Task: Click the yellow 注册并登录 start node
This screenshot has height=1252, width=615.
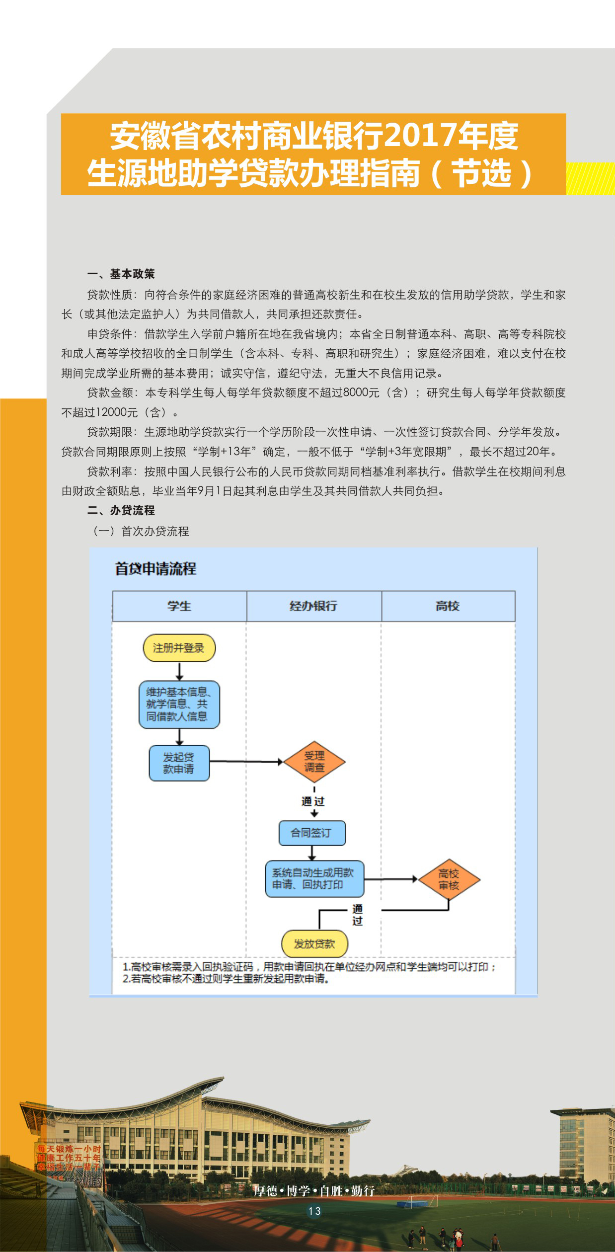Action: coord(179,648)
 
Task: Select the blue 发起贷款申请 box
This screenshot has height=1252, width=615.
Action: coord(179,763)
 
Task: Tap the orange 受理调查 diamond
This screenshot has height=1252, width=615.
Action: coord(314,762)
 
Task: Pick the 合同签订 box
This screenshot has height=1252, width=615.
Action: coord(312,833)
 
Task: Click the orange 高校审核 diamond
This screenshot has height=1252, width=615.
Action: coord(449,879)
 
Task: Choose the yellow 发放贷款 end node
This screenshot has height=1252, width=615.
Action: coord(314,944)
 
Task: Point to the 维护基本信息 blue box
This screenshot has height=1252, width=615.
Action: coord(179,704)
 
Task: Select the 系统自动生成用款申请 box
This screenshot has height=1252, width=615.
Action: coord(314,879)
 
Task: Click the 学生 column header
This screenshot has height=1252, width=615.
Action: coord(179,606)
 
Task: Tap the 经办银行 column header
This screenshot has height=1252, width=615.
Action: coord(313,606)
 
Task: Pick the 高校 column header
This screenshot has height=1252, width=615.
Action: coord(448,606)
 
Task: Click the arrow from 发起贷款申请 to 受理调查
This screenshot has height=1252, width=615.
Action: coord(246,762)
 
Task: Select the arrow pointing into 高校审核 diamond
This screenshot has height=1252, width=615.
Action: coord(391,879)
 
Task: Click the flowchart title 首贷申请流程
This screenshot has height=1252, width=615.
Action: coord(155,569)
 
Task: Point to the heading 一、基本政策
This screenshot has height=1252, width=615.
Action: coord(121,274)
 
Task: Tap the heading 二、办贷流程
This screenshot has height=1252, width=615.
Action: coord(121,510)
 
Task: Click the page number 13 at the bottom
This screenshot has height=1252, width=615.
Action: coord(314,1211)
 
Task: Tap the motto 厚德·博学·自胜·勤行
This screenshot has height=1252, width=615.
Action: coord(314,1191)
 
